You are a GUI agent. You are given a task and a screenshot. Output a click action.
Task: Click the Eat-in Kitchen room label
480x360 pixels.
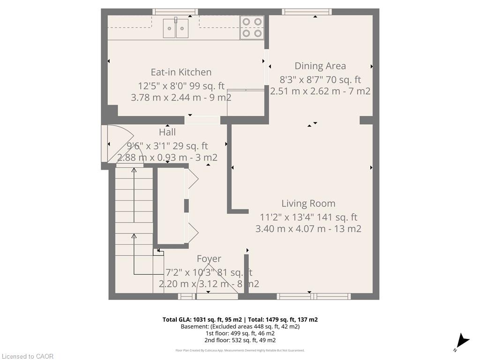181,72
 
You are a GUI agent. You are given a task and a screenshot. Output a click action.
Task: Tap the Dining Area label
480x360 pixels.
320,66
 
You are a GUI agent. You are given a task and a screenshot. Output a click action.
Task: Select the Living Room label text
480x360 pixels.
308,203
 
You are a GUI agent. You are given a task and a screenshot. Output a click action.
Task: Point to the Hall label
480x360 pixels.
167,132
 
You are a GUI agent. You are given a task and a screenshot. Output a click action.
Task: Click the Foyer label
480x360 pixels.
209,259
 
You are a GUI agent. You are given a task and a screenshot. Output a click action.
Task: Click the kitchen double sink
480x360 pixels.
176,28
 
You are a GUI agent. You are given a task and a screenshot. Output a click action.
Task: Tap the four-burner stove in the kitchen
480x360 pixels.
252,27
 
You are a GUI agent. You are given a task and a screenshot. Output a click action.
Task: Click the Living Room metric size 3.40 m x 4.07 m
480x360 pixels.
291,229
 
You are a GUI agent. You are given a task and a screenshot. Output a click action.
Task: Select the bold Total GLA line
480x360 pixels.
240,320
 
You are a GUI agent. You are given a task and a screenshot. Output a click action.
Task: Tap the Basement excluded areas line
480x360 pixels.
240,326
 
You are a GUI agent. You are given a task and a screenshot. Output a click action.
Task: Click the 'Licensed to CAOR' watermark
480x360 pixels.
28,356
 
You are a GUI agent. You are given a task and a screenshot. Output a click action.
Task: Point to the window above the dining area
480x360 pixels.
307,12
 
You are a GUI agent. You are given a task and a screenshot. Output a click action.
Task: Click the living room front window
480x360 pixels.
314,296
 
